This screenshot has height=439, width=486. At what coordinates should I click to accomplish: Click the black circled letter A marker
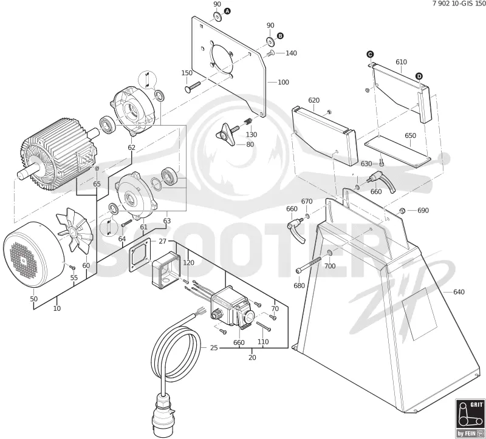coord(227,11)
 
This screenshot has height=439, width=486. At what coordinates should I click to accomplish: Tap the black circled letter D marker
coord(419,77)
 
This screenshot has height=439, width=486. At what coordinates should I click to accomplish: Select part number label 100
coord(283,82)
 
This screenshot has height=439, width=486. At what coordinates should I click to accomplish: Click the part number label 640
coord(459,292)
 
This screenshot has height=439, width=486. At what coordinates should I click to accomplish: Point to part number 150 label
coord(187,73)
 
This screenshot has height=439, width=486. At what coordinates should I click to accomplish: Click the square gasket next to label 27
coord(140,255)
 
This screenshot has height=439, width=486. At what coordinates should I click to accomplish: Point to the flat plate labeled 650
coord(398,152)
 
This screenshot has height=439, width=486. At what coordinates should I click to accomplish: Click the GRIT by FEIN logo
coord(470,419)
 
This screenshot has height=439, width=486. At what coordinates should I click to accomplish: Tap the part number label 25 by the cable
coord(214,348)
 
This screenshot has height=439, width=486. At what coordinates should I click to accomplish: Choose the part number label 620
coord(313,100)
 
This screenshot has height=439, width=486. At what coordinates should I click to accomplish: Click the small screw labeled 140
coord(269,53)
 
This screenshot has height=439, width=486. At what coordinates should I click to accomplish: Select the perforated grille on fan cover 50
coord(24,260)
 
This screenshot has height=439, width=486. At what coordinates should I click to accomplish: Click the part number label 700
coord(330,266)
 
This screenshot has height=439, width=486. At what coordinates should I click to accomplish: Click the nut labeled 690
coord(402,211)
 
